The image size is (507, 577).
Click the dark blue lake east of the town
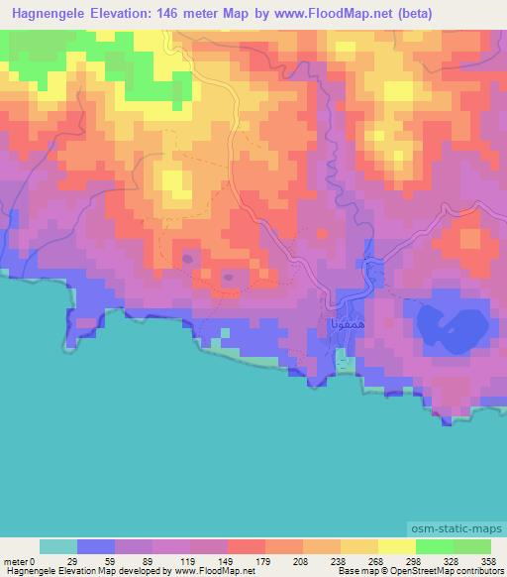click(x=451, y=324)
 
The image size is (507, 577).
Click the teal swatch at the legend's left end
click(x=58, y=546)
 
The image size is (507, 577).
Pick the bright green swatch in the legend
click(x=434, y=546)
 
